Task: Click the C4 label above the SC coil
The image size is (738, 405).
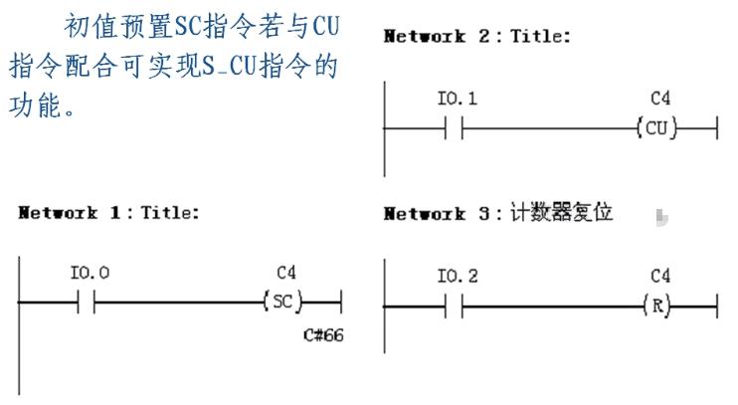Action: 286,271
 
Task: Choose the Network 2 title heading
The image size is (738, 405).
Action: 477,37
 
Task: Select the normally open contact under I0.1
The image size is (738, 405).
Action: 453,128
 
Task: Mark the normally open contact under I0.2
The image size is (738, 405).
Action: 453,305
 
